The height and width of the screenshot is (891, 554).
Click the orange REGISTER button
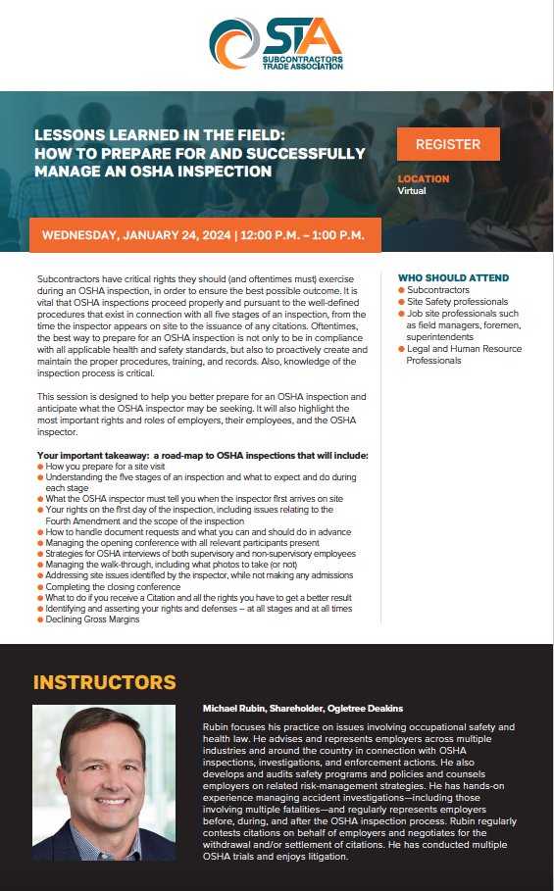click(x=448, y=144)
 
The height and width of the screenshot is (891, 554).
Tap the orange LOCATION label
click(x=424, y=179)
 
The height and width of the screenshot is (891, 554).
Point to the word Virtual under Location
click(x=412, y=191)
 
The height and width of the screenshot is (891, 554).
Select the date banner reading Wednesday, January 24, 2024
click(x=203, y=235)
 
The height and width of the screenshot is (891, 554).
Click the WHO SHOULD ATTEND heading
click(x=454, y=277)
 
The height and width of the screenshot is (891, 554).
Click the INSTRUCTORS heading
click(x=105, y=682)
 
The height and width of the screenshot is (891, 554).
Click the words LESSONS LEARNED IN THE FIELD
click(x=160, y=136)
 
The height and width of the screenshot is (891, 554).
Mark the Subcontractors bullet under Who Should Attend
click(x=438, y=290)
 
